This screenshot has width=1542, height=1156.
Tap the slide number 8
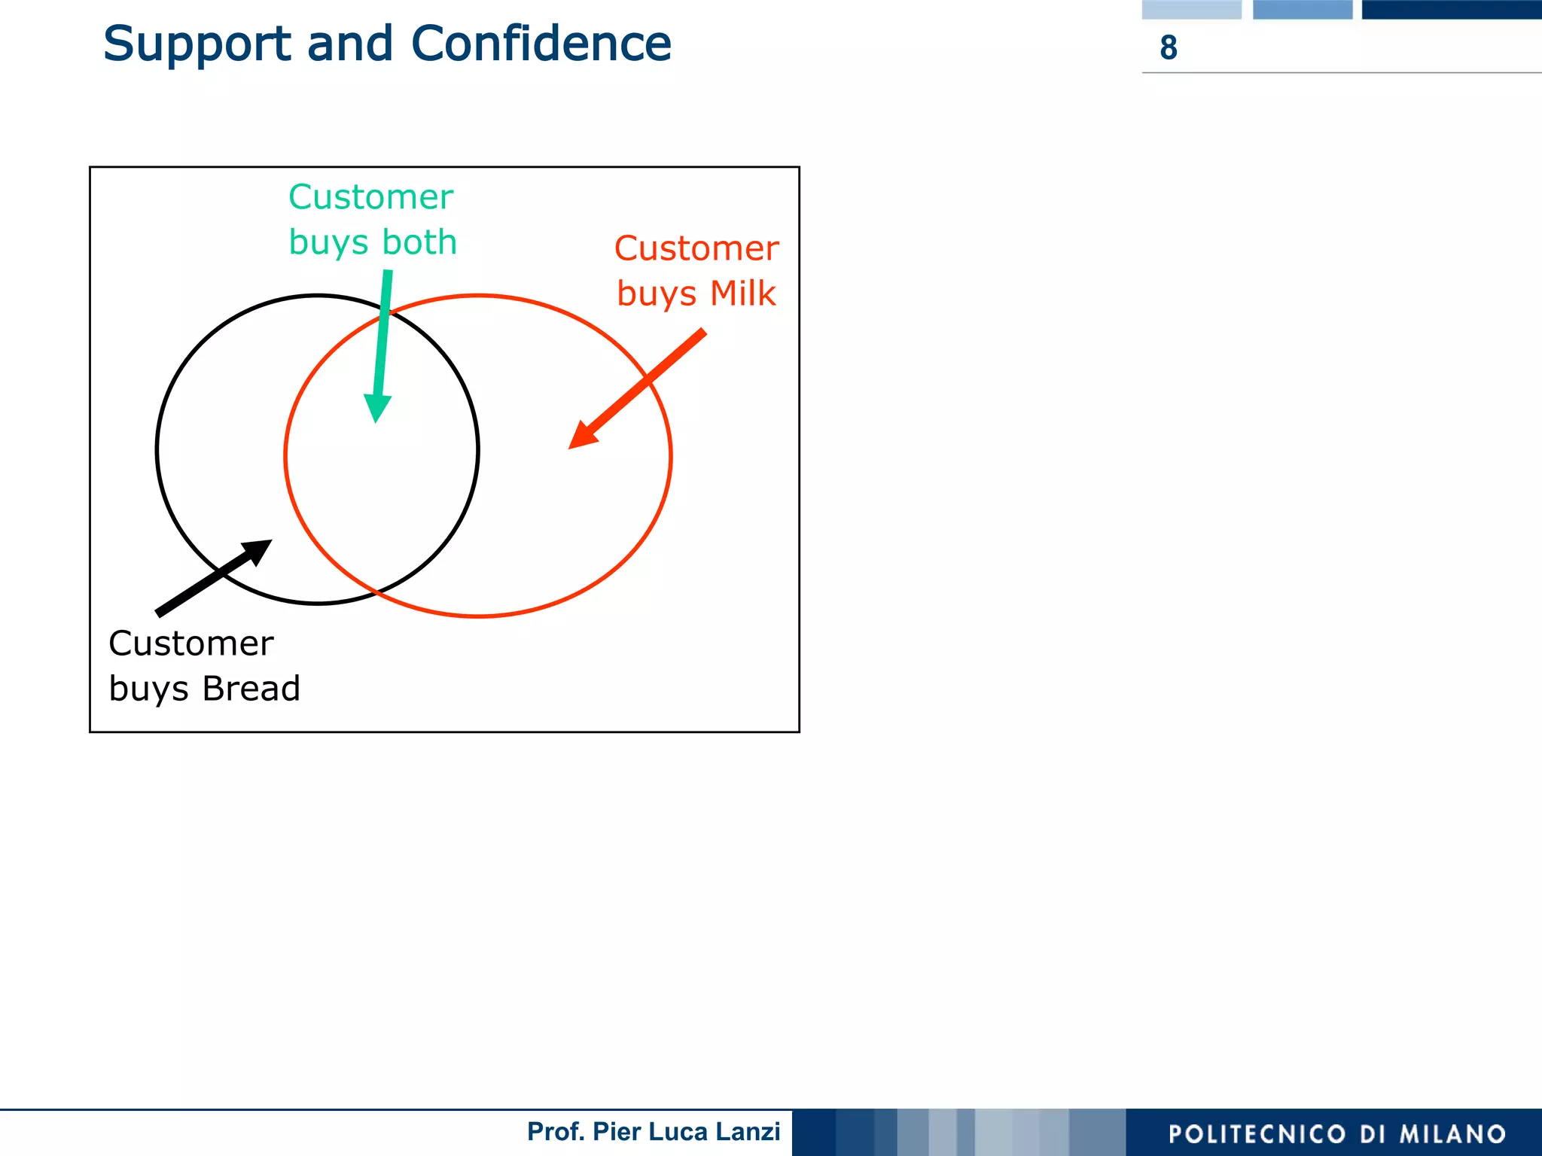pyautogui.click(x=1168, y=48)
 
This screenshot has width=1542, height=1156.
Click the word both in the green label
pyautogui.click(x=419, y=242)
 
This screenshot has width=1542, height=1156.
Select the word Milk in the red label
pyautogui.click(x=742, y=294)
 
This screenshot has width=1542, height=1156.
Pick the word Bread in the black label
pyautogui.click(x=251, y=689)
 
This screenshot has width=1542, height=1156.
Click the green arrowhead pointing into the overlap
pyautogui.click(x=376, y=409)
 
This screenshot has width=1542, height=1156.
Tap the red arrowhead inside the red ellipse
pyautogui.click(x=582, y=436)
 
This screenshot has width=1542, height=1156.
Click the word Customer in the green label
pyautogui.click(x=370, y=197)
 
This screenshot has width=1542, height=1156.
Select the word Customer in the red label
pyautogui.click(x=696, y=248)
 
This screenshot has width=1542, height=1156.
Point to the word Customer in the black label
pyautogui.click(x=191, y=643)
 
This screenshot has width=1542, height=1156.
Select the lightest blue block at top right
pyautogui.click(x=1191, y=9)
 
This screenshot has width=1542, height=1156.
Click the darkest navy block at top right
pyautogui.click(x=1451, y=9)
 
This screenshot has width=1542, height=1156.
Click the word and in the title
pyautogui.click(x=350, y=44)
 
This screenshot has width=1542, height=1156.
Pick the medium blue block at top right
pyautogui.click(x=1302, y=9)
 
